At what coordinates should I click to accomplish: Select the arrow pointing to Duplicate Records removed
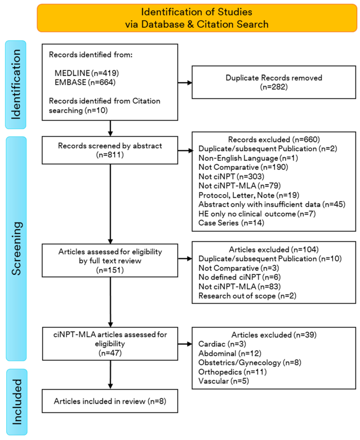coord(184,83)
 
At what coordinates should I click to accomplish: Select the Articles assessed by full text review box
coord(110,259)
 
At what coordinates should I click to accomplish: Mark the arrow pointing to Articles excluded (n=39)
coord(184,345)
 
